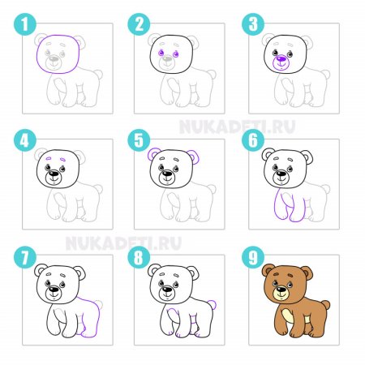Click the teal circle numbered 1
tap(25, 24)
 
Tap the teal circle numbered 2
tap(139, 24)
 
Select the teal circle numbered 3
tap(253, 24)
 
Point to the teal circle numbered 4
tap(25, 140)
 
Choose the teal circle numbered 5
tap(139, 140)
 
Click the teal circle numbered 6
tap(253, 140)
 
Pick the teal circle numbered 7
tap(25, 257)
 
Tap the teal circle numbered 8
tap(139, 257)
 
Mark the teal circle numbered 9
tap(253, 257)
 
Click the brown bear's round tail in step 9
tap(325, 305)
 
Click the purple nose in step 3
tap(281, 58)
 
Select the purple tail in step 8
tap(213, 305)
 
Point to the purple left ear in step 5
tap(153, 154)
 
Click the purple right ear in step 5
tap(194, 157)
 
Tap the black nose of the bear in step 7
tap(54, 290)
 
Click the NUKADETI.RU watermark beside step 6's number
tap(238, 127)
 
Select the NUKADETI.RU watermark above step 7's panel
tap(123, 243)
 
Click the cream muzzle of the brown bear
tap(281, 293)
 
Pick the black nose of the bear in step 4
tap(54, 174)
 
